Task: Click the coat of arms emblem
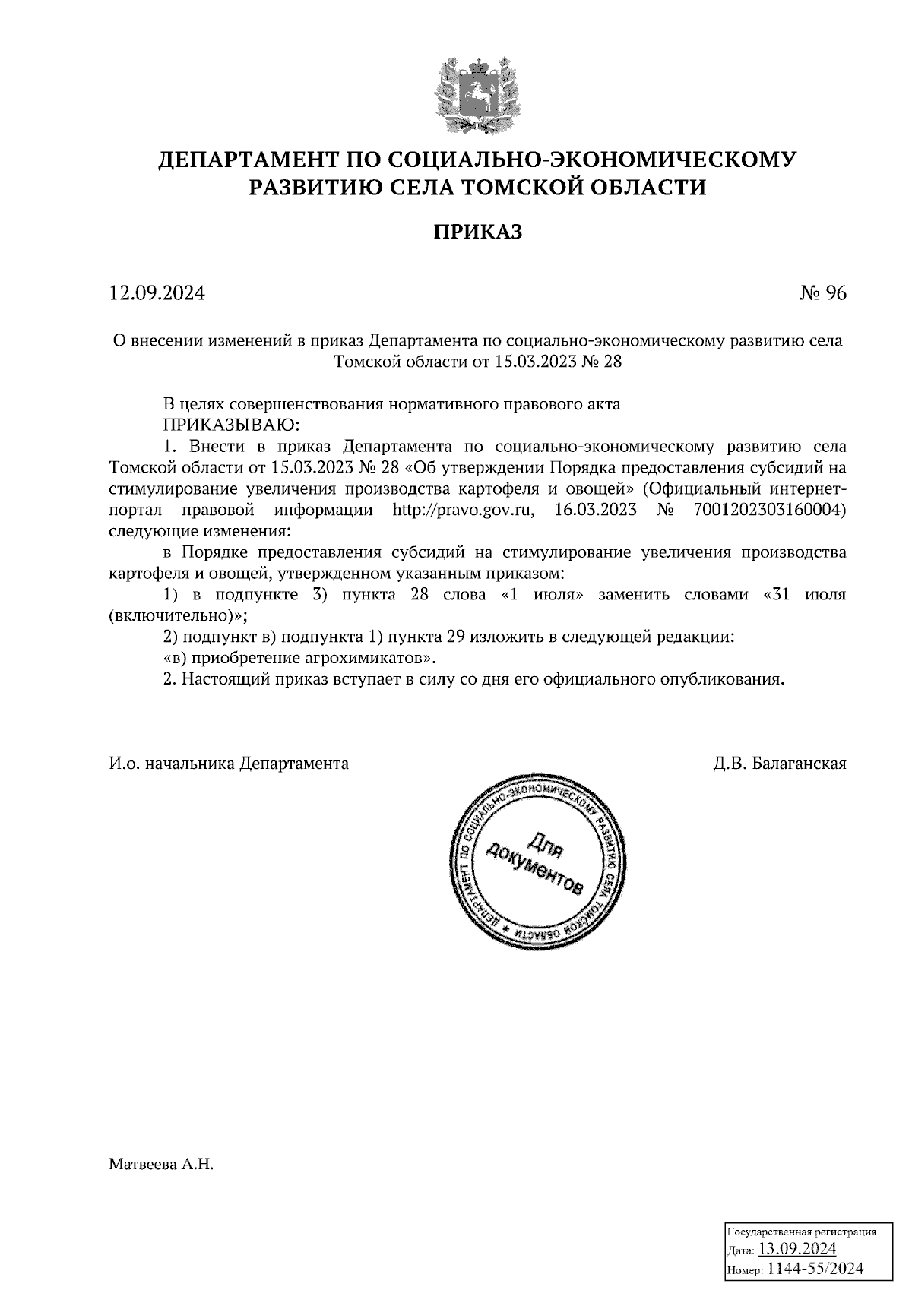pyautogui.click(x=477, y=91)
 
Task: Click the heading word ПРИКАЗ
pyautogui.click(x=477, y=232)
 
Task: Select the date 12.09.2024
pyautogui.click(x=157, y=293)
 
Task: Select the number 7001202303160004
pyautogui.click(x=769, y=510)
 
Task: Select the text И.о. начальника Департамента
pyautogui.click(x=229, y=764)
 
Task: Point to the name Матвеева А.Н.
pyautogui.click(x=162, y=1163)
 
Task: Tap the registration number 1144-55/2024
pyautogui.click(x=815, y=1269)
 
